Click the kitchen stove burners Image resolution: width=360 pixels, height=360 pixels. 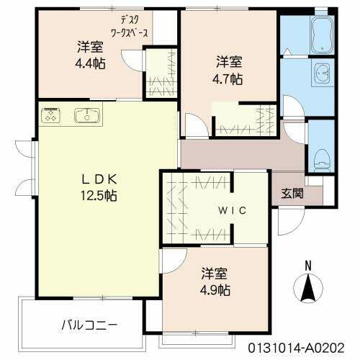[52, 114]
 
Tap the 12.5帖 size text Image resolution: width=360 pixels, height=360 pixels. [99, 195]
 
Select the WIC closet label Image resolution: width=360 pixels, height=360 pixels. [233, 210]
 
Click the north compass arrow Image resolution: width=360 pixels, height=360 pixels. [307, 289]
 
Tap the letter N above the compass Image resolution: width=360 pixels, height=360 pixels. [307, 264]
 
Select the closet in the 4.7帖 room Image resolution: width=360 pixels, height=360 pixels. [245, 120]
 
